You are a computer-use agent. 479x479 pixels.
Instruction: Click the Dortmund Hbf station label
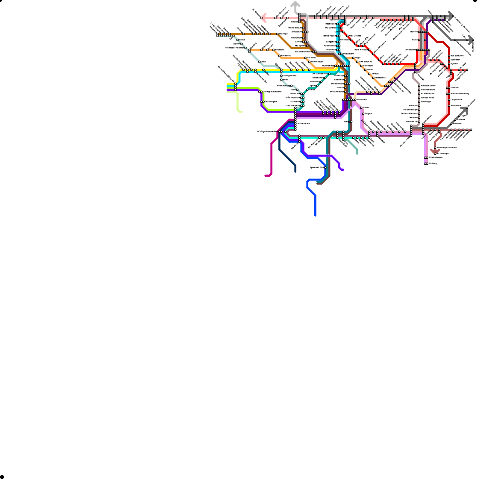pyautogui.click(x=304, y=124)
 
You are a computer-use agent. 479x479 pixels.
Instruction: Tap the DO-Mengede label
pyautogui.click(x=271, y=102)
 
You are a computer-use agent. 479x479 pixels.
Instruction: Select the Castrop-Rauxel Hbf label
pyautogui.click(x=272, y=92)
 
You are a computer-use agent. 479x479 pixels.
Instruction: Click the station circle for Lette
pyautogui.click(x=259, y=62)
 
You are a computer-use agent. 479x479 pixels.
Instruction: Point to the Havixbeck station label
pyautogui.click(x=286, y=56)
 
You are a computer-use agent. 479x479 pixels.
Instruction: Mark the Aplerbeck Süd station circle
pyautogui.click(x=325, y=168)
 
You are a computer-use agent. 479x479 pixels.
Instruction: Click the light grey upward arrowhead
pyautogui.click(x=295, y=4)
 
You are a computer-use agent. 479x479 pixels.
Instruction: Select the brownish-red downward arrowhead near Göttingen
pyautogui.click(x=435, y=151)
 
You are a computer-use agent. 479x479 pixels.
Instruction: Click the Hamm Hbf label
pyautogui.click(x=362, y=100)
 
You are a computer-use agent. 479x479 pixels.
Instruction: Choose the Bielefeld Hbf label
pyautogui.click(x=411, y=50)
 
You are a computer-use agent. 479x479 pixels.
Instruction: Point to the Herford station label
pyautogui.click(x=414, y=32)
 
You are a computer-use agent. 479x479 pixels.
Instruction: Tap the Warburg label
pyautogui.click(x=432, y=163)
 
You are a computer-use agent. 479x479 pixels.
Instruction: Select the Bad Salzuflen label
pyautogui.click(x=457, y=56)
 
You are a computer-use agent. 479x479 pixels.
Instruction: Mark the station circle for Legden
pyautogui.click(x=242, y=44)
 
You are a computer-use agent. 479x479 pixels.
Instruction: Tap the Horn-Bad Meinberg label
pyautogui.click(x=460, y=94)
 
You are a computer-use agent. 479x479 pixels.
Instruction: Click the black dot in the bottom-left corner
pyautogui.click(x=2, y=477)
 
